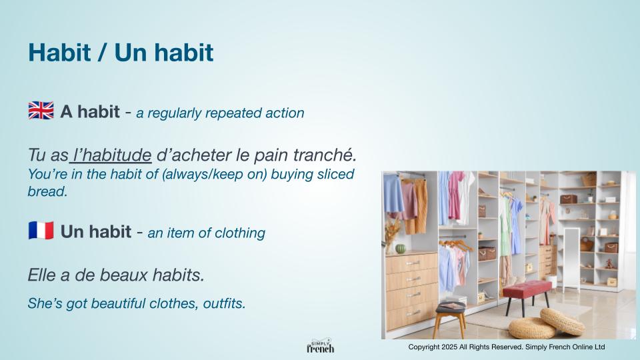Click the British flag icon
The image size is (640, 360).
(x=41, y=111)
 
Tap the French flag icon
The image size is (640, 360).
(x=41, y=231)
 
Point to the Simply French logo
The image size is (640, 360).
(x=321, y=346)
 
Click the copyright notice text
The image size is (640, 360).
(x=507, y=347)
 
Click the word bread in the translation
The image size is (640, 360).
(x=47, y=191)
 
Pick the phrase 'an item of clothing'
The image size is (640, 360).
(x=206, y=233)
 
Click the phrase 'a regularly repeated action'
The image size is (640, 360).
(x=220, y=113)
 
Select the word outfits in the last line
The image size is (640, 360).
(x=224, y=303)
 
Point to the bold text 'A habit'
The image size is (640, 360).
(x=90, y=111)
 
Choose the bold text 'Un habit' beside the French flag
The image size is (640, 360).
(x=96, y=231)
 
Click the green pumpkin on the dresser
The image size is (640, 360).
(x=401, y=249)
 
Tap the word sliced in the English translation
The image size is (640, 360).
(x=335, y=174)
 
